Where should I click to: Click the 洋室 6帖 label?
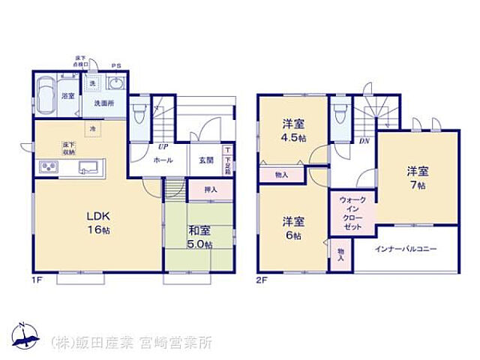pyautogui.click(x=294, y=228)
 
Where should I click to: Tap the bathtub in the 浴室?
pyautogui.click(x=46, y=95)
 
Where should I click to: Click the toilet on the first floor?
pyautogui.click(x=140, y=116)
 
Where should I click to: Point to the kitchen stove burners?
pyautogui.click(x=47, y=166)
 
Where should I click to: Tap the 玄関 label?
pyautogui.click(x=206, y=160)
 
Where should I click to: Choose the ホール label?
pyautogui.click(x=163, y=160)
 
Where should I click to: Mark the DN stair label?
pyautogui.click(x=364, y=139)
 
